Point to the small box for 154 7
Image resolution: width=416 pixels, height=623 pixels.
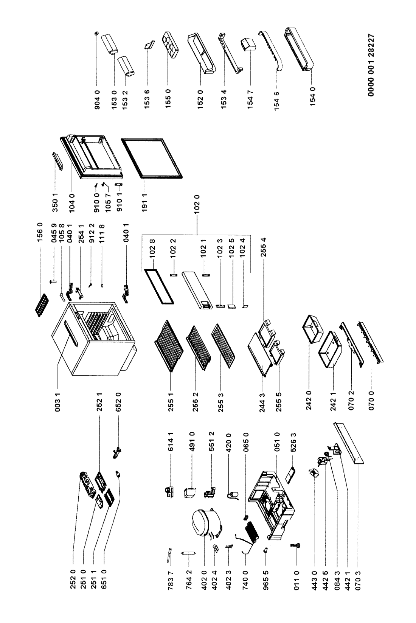(248, 46)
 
